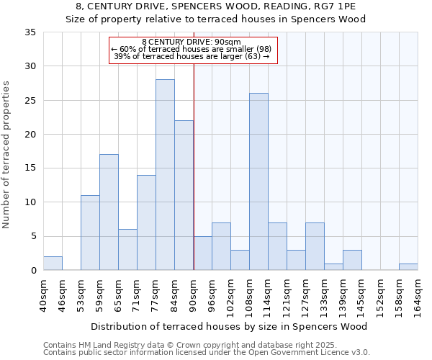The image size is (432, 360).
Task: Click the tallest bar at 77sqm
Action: click(x=165, y=175)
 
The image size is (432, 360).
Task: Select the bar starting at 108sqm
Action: click(x=258, y=181)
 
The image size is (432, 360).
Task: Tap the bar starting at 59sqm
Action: click(x=109, y=212)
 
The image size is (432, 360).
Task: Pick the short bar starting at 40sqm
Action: click(x=53, y=264)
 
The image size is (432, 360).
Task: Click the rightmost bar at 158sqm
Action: click(x=408, y=267)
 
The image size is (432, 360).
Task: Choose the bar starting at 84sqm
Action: click(x=184, y=195)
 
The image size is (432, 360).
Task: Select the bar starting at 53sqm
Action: click(x=90, y=233)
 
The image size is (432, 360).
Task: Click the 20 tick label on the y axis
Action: click(x=30, y=135)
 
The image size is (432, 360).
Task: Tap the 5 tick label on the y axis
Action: click(x=33, y=237)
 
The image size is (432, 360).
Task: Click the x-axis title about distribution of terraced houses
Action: click(x=230, y=326)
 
